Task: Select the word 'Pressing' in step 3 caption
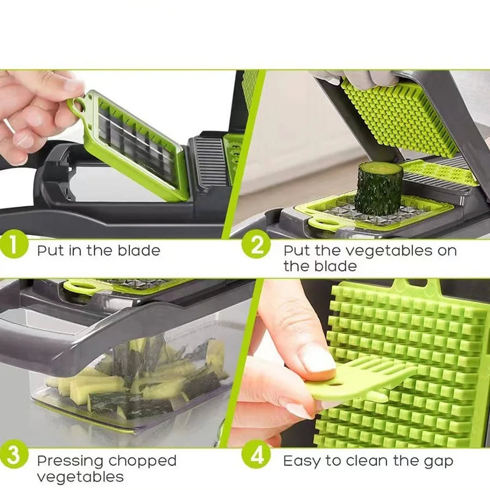[70, 461]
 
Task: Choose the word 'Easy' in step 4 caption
[303, 461]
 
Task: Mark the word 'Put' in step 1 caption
[49, 250]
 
